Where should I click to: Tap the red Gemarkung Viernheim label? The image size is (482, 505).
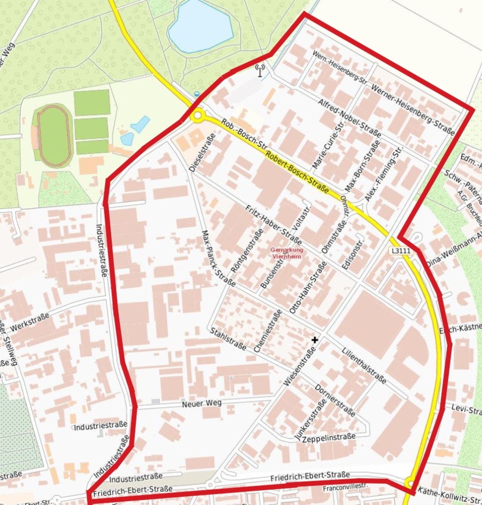click(x=287, y=253)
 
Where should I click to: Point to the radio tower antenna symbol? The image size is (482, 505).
click(x=260, y=70)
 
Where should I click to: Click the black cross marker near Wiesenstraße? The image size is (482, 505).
click(x=315, y=340)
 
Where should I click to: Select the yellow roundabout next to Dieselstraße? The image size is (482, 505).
click(x=197, y=116)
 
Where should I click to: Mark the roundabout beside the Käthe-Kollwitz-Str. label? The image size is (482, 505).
click(x=411, y=483)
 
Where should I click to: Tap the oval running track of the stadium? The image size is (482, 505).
click(x=54, y=136)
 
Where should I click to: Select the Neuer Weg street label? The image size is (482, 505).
click(x=202, y=403)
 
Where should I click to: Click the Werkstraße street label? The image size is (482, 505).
click(x=30, y=322)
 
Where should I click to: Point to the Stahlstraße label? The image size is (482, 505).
click(x=228, y=339)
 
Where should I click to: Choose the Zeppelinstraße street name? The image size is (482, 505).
click(x=329, y=438)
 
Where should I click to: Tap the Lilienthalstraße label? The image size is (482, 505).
click(x=364, y=366)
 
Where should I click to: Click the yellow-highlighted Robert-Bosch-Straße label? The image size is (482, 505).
click(x=298, y=173)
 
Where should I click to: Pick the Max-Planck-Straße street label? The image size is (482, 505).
click(x=218, y=258)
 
